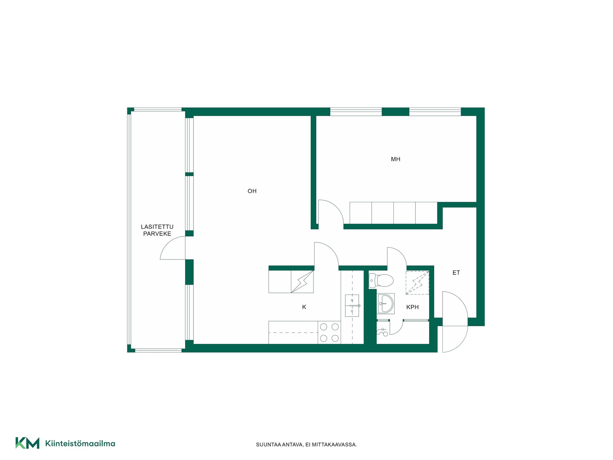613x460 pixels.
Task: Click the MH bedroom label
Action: [396, 159]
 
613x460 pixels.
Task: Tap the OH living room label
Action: [252, 191]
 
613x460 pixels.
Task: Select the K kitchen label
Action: [304, 307]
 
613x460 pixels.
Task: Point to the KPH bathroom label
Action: [412, 307]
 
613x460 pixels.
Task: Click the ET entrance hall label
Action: [456, 272]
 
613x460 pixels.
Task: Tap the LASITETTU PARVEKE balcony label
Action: [157, 230]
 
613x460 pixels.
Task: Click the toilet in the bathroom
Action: [381, 280]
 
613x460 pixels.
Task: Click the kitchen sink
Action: [352, 305]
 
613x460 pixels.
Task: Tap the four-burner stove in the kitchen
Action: [329, 332]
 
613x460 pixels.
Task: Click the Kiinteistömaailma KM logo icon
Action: [27, 443]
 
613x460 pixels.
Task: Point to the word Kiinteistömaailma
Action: [80, 443]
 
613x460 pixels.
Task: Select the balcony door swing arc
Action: [167, 242]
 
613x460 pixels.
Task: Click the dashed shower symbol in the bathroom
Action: [417, 283]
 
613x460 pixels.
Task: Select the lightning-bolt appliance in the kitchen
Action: [302, 281]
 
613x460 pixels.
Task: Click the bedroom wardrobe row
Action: [393, 213]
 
